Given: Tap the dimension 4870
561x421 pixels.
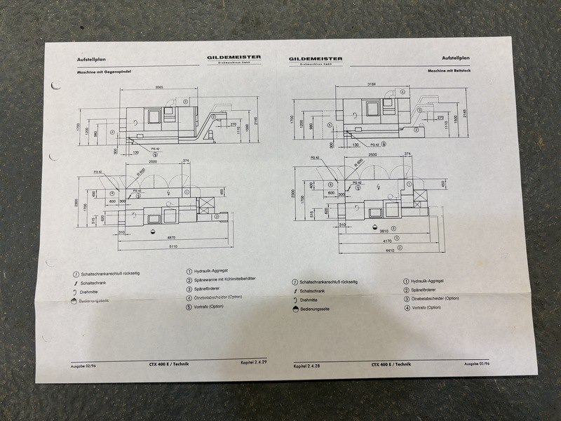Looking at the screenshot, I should tap(170, 238).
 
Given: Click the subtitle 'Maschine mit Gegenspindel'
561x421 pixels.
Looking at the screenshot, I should tap(106, 72).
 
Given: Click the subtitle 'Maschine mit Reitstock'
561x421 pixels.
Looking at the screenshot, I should tap(449, 72).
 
